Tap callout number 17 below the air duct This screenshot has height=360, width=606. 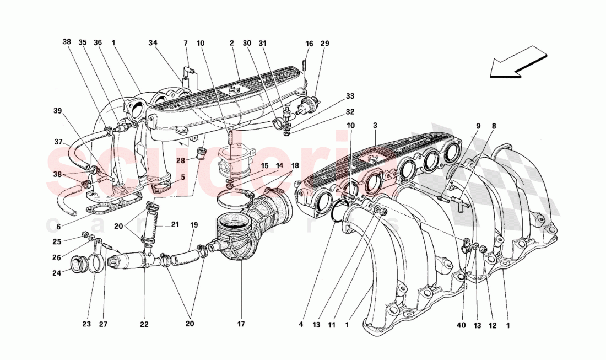(x=241, y=325)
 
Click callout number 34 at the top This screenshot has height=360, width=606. (x=153, y=42)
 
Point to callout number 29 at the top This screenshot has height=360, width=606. (x=324, y=42)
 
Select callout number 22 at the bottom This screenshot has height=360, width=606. (x=144, y=325)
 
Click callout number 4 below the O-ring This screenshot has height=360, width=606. (x=301, y=325)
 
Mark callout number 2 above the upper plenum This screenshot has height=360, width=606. (x=232, y=42)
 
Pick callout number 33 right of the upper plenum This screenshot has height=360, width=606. (x=350, y=96)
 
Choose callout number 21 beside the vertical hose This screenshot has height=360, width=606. (x=175, y=224)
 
